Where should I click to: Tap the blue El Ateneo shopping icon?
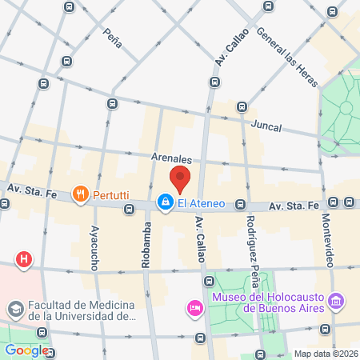click(165, 202)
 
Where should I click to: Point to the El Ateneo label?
click(201, 203)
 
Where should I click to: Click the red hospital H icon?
click(25, 259)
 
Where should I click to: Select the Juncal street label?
click(266, 126)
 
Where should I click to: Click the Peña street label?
click(113, 38)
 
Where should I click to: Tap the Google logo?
click(26, 350)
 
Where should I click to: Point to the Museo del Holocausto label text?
click(266, 302)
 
